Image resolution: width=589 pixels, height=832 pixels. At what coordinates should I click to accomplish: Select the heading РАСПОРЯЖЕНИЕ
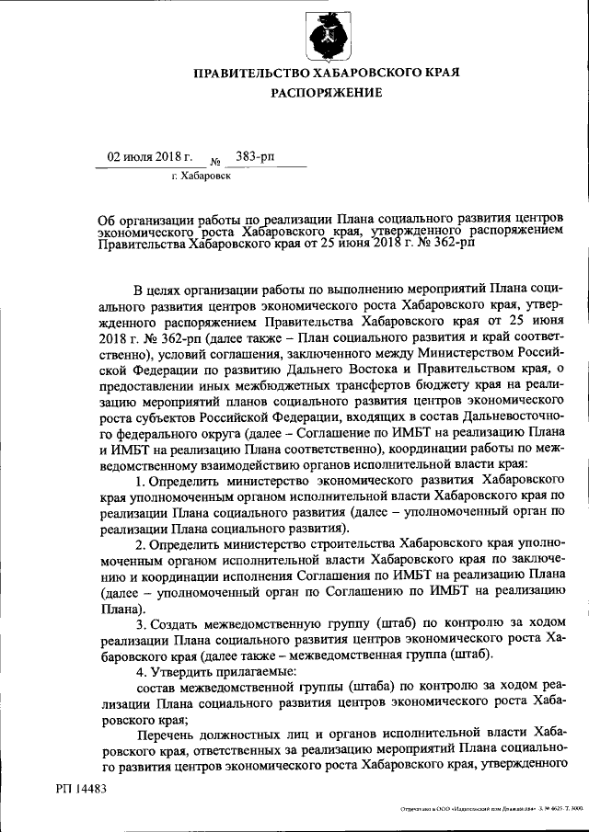pyautogui.click(x=326, y=93)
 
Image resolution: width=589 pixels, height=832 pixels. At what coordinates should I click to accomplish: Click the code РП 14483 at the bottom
pyautogui.click(x=81, y=788)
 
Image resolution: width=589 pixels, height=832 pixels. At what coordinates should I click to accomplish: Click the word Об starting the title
pyautogui.click(x=108, y=219)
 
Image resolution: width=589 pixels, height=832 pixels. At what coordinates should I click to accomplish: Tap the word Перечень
pyautogui.click(x=168, y=734)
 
